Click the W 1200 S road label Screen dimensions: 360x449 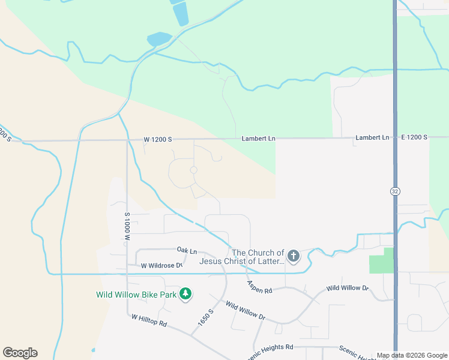pos(158,139)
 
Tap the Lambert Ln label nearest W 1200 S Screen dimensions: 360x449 pos(258,139)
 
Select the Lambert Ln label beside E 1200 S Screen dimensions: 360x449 pos(372,137)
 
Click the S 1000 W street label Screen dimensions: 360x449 pos(127,226)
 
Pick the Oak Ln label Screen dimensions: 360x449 pos(187,250)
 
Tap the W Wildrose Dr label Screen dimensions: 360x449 pos(161,265)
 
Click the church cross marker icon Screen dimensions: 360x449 pos(293,257)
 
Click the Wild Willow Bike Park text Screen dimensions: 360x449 pos(136,295)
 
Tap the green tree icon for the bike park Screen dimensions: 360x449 pos(186,293)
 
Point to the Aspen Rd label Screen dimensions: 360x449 pos(259,287)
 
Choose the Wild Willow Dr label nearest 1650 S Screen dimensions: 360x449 pos(245,310)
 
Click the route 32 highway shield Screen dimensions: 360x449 pos(394,191)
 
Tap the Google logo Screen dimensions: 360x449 pos(20,353)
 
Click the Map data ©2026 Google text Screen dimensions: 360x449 pos(411,355)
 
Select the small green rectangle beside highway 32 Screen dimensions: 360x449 pos(381,261)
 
